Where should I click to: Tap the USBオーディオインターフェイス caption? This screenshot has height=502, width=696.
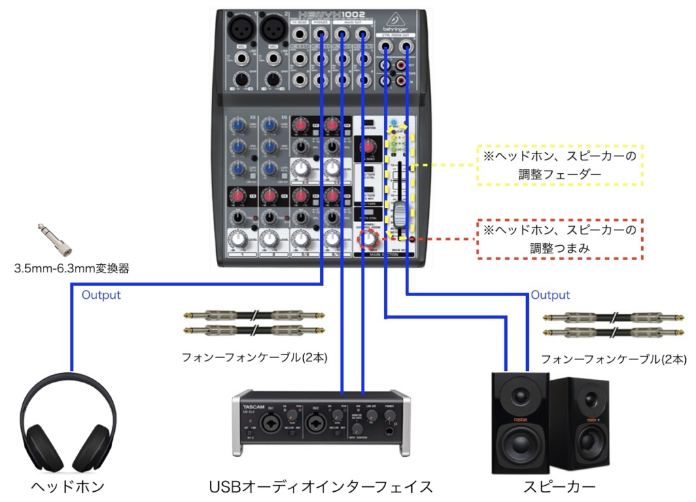click(x=321, y=486)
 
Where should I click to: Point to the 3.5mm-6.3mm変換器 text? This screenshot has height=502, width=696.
click(x=71, y=268)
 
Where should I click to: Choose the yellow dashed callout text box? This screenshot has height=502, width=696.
click(x=560, y=164)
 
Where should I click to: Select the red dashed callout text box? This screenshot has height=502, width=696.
click(x=560, y=239)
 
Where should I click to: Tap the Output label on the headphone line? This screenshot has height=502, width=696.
click(x=101, y=295)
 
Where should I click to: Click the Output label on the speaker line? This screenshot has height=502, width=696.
click(x=550, y=295)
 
